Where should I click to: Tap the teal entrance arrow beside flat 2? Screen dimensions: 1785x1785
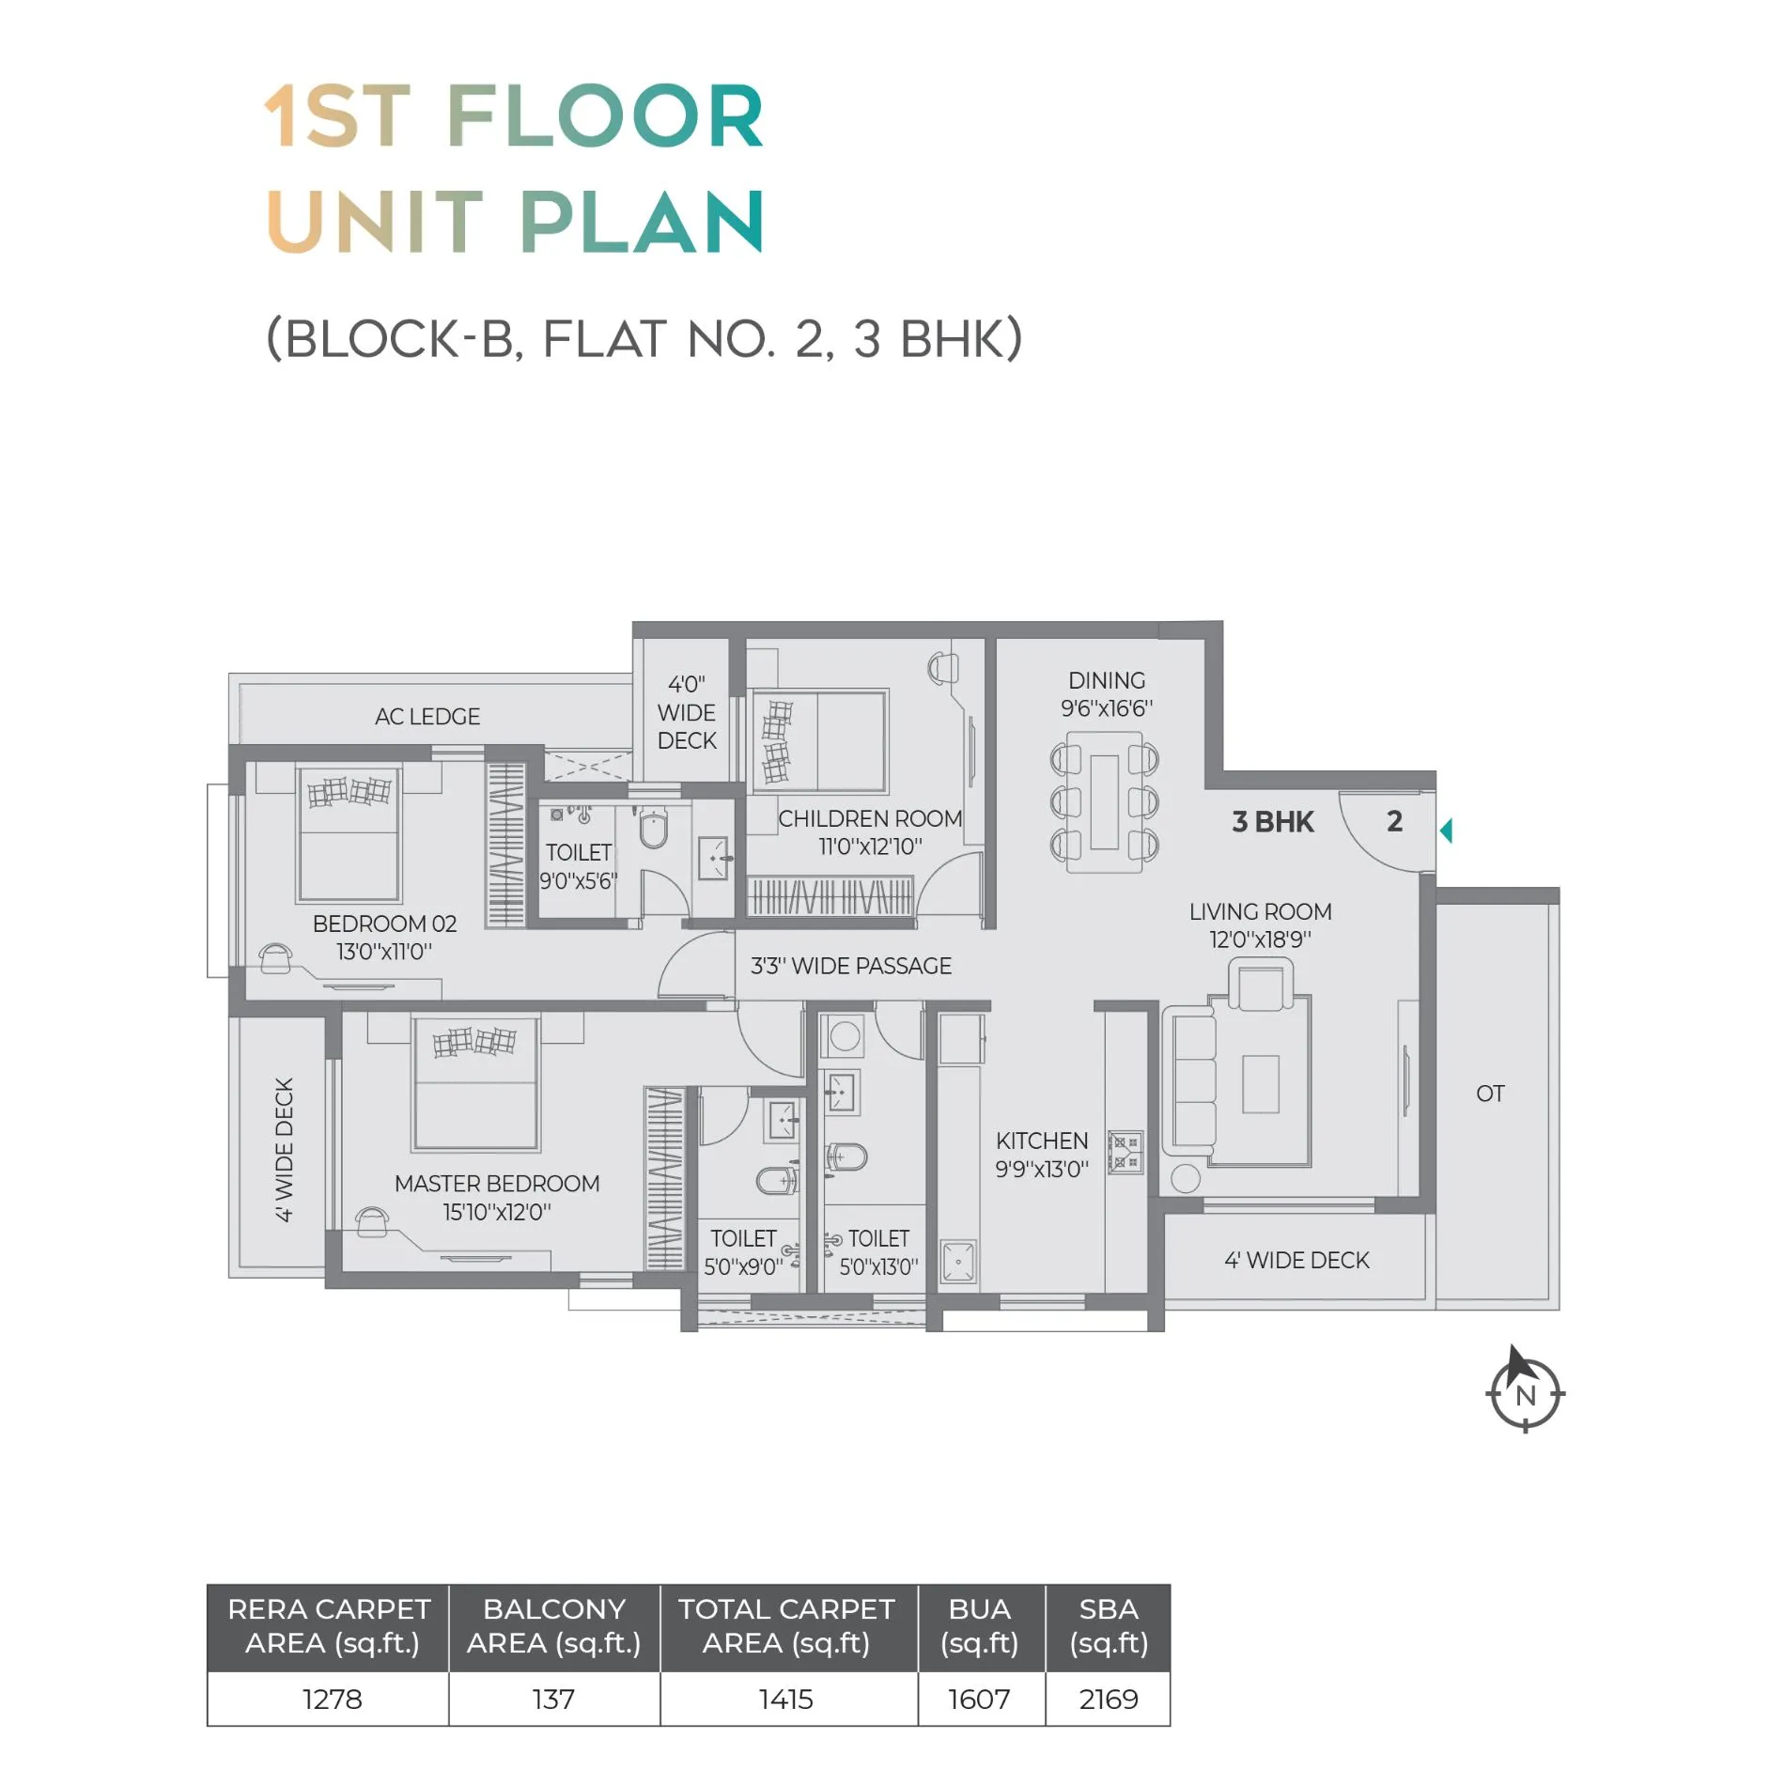tap(1446, 830)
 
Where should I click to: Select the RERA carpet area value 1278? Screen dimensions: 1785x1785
tap(332, 1700)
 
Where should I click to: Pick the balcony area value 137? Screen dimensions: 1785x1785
tap(553, 1700)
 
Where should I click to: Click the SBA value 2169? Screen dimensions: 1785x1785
tap(1109, 1700)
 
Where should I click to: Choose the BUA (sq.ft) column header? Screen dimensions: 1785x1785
tap(980, 1626)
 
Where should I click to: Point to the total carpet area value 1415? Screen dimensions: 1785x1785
tap(786, 1700)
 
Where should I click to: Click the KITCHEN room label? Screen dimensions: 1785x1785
tap(1042, 1141)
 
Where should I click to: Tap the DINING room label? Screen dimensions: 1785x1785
tap(1107, 680)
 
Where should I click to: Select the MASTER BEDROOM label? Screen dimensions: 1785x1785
tap(497, 1184)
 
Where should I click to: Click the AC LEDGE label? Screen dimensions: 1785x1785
tap(427, 717)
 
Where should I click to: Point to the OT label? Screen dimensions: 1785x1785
tap(1490, 1094)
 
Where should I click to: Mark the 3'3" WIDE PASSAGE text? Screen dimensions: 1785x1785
tap(851, 966)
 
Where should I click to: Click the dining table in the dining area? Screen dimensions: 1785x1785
tap(1105, 801)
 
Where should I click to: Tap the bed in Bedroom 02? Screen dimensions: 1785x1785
tap(349, 833)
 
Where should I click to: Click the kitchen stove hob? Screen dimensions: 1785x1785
tap(1125, 1153)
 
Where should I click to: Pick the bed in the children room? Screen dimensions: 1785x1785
tap(819, 741)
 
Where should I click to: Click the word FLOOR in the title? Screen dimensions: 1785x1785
tap(605, 116)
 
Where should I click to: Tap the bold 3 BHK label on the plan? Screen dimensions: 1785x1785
tap(1273, 822)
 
